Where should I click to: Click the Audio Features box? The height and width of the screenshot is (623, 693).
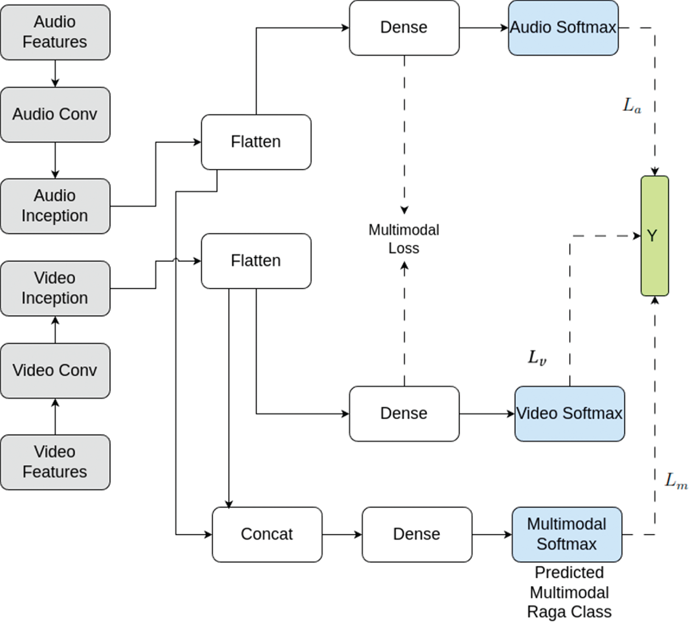click(55, 32)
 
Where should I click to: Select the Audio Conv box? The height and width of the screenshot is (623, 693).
click(55, 115)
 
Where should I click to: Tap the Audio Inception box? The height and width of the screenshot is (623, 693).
click(55, 206)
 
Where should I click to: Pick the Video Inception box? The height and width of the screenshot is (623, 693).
click(55, 288)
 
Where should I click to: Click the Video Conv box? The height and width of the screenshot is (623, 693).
click(55, 371)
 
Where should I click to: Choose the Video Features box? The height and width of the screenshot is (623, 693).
click(55, 462)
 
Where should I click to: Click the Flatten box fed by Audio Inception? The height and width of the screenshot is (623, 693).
click(256, 142)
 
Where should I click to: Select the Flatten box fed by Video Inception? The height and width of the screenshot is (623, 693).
click(256, 261)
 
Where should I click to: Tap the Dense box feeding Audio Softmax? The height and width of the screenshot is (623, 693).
click(404, 28)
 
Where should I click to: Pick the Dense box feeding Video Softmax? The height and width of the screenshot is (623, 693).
click(404, 413)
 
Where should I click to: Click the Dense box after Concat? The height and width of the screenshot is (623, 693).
click(417, 534)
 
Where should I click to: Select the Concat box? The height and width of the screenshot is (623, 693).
click(267, 534)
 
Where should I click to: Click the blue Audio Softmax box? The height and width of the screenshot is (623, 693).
click(563, 28)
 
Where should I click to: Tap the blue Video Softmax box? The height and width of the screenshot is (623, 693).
click(569, 413)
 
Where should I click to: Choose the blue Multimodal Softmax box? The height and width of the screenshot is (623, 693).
click(567, 534)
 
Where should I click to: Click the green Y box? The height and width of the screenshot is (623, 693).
click(655, 236)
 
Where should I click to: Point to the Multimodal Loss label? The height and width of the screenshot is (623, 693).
click(404, 239)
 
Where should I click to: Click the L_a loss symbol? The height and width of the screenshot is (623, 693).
click(632, 106)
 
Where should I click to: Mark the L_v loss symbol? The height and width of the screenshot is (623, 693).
click(537, 357)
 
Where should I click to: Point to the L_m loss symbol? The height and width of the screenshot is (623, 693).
click(676, 481)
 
